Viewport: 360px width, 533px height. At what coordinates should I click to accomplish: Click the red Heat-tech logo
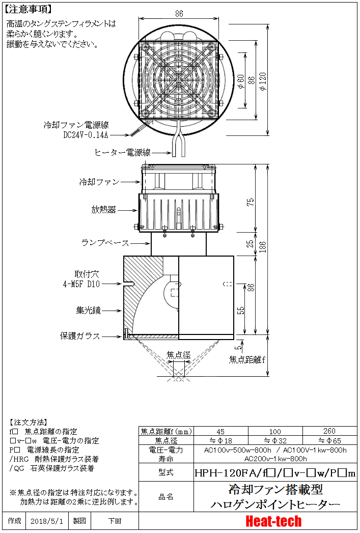273,521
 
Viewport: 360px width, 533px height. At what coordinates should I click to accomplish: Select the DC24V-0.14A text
86,135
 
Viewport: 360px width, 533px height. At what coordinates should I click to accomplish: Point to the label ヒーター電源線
122,152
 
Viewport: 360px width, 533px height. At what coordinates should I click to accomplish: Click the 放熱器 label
104,209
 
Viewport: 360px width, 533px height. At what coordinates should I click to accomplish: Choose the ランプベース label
105,243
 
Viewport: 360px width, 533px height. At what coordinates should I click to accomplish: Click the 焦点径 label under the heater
178,354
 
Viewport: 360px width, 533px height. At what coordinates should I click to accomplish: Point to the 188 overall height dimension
262,247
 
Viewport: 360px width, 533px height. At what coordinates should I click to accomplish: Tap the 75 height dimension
250,202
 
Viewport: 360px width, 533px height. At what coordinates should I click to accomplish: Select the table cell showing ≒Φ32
275,440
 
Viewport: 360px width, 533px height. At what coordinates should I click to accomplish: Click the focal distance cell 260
329,431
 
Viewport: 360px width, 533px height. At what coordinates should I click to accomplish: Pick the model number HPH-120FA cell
275,473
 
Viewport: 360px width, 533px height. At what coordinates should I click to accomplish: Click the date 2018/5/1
46,521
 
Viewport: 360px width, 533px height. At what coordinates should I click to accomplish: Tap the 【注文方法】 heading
29,422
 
